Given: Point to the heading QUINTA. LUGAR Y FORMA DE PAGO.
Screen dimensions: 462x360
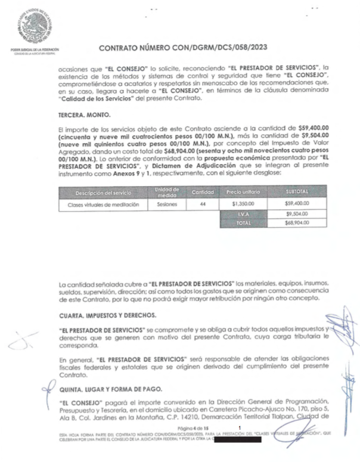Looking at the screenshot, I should click(113, 389).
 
